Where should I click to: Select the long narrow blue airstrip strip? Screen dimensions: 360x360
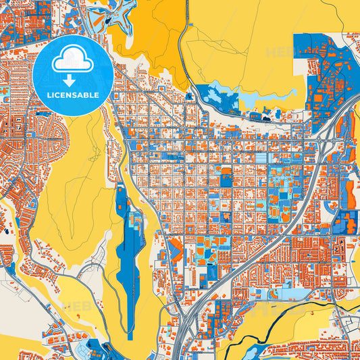tap(126, 243)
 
